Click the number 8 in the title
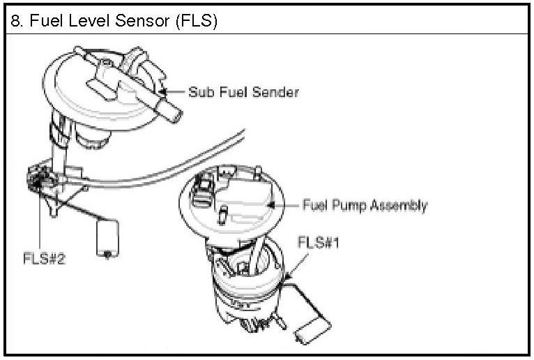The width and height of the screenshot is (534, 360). (x=15, y=21)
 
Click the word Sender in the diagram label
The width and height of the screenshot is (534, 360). (x=276, y=91)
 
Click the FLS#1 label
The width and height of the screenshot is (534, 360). (x=316, y=243)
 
